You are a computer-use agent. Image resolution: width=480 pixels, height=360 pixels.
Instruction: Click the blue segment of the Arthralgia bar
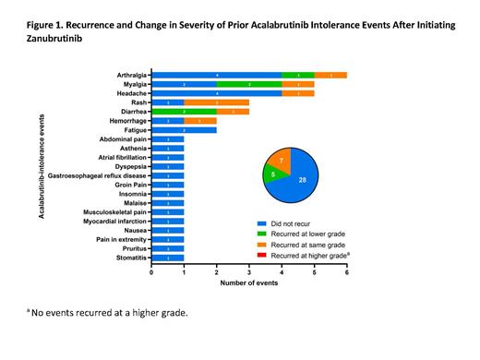[216, 75]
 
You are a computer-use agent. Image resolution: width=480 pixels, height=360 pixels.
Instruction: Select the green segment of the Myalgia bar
[249, 84]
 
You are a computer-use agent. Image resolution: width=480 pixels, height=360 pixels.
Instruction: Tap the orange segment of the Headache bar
[298, 93]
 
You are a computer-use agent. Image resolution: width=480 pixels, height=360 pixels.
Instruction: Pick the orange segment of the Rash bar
[216, 102]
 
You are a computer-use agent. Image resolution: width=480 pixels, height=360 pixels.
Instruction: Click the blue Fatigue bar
[184, 130]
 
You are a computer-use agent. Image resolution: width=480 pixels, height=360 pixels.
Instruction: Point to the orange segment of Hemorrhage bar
[200, 121]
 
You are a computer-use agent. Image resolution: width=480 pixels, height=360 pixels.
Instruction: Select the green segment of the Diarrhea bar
[184, 112]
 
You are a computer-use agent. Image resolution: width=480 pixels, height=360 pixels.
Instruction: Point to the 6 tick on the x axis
[347, 273]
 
